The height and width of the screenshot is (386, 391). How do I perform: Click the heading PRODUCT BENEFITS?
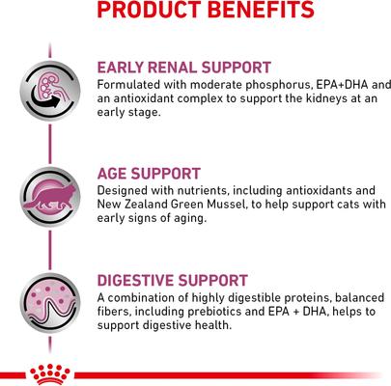pos(193,11)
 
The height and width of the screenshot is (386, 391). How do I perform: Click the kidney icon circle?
pos(49,89)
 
